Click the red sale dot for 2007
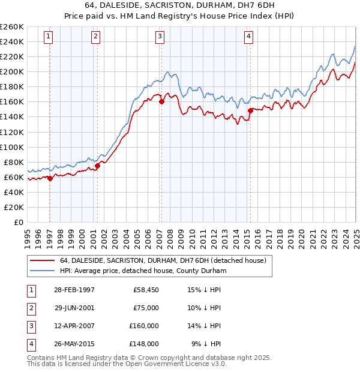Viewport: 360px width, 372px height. tap(161, 102)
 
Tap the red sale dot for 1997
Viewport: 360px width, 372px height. tap(50, 178)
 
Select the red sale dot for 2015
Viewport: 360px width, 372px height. tap(250, 110)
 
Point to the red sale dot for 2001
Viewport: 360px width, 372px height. tap(98, 166)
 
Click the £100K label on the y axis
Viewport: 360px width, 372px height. tap(12, 147)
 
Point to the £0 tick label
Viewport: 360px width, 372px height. tap(18, 222)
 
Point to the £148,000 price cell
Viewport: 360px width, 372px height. tap(143, 344)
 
